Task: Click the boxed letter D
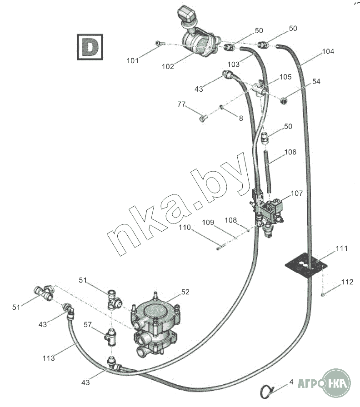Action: pyautogui.click(x=90, y=47)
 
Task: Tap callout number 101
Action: pyautogui.click(x=132, y=61)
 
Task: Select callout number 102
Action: pyautogui.click(x=168, y=67)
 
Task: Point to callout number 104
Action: pyautogui.click(x=328, y=52)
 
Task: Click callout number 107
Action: pyautogui.click(x=297, y=194)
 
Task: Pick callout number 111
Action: pyautogui.click(x=341, y=248)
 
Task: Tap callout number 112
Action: pyautogui.click(x=347, y=282)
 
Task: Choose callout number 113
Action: pyautogui.click(x=49, y=358)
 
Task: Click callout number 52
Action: pyautogui.click(x=185, y=292)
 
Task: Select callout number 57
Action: pyautogui.click(x=88, y=325)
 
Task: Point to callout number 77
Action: pyautogui.click(x=181, y=104)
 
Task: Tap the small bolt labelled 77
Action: pyautogui.click(x=203, y=119)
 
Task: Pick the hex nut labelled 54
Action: pyautogui.click(x=283, y=100)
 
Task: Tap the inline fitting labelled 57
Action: pyautogui.click(x=110, y=337)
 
